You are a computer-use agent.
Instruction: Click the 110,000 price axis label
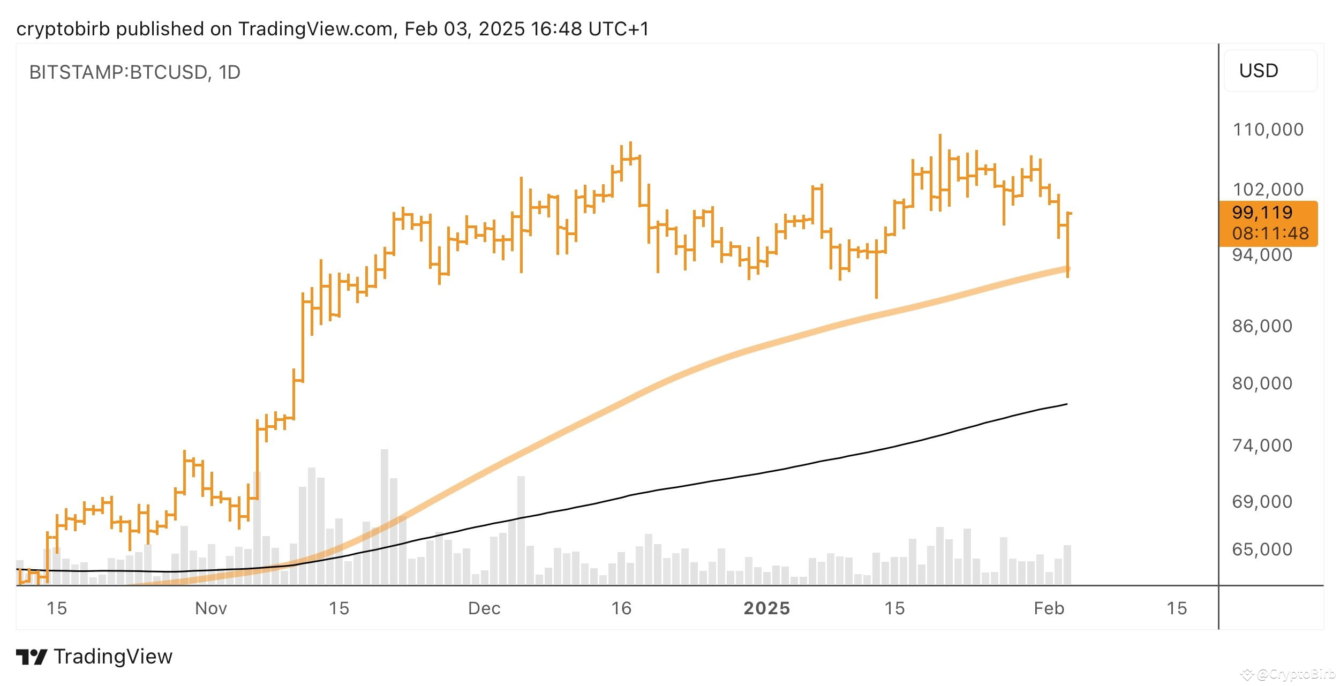point(1268,130)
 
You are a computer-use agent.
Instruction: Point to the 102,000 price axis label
point(1268,190)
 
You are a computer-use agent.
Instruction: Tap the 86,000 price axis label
point(1262,326)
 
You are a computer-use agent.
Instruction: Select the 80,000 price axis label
point(1262,383)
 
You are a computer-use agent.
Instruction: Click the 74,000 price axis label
point(1262,446)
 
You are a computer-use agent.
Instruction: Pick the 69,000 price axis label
point(1262,502)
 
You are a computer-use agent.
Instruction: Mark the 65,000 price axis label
point(1262,549)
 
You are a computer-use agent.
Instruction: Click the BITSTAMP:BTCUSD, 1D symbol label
point(134,72)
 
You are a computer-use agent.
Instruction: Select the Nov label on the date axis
point(211,608)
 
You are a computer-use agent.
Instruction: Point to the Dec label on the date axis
point(484,608)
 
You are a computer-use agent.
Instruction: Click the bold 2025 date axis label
point(766,608)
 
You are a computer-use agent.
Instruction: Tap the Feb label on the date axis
point(1049,608)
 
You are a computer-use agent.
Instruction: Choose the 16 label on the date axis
point(621,608)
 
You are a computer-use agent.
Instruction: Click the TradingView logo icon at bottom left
point(31,657)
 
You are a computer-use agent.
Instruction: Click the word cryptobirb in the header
point(64,29)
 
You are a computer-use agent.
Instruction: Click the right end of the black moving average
point(1066,404)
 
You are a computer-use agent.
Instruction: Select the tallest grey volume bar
point(385,516)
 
